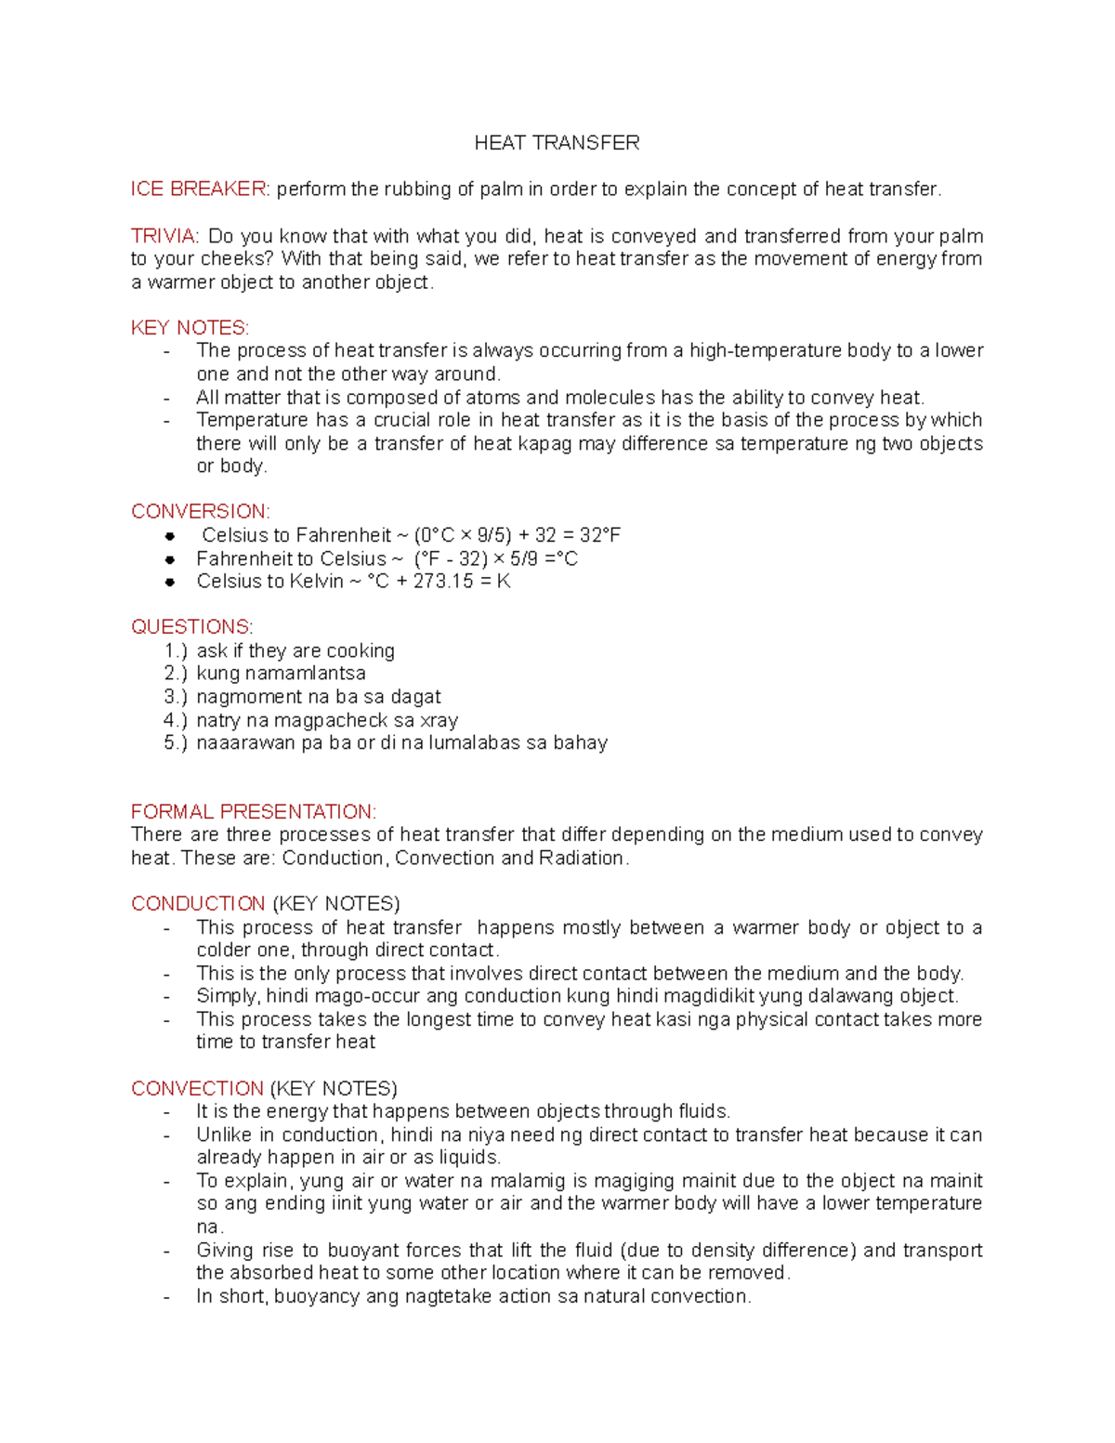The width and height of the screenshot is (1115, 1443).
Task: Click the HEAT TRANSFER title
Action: pyautogui.click(x=557, y=142)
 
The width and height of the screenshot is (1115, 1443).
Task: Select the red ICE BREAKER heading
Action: pyautogui.click(x=199, y=189)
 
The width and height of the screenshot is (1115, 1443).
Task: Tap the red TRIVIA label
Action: pyautogui.click(x=164, y=236)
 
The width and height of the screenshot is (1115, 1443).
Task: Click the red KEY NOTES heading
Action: pyautogui.click(x=190, y=328)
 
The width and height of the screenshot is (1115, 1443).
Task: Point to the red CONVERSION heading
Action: pyautogui.click(x=200, y=512)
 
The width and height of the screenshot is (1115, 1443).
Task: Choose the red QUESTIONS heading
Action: pyautogui.click(x=191, y=627)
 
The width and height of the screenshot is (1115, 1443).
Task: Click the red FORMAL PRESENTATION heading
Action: pyautogui.click(x=253, y=811)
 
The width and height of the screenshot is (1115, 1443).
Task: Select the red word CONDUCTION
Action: pyautogui.click(x=198, y=904)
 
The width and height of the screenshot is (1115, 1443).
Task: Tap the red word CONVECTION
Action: pyautogui.click(x=197, y=1088)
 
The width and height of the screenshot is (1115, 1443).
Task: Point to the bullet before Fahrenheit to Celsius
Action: pyautogui.click(x=170, y=559)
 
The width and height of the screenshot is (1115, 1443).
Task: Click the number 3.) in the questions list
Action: pyautogui.click(x=176, y=697)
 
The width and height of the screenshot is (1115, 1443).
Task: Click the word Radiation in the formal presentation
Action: pyautogui.click(x=582, y=858)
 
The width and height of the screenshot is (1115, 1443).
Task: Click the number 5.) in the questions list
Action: pyautogui.click(x=176, y=743)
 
